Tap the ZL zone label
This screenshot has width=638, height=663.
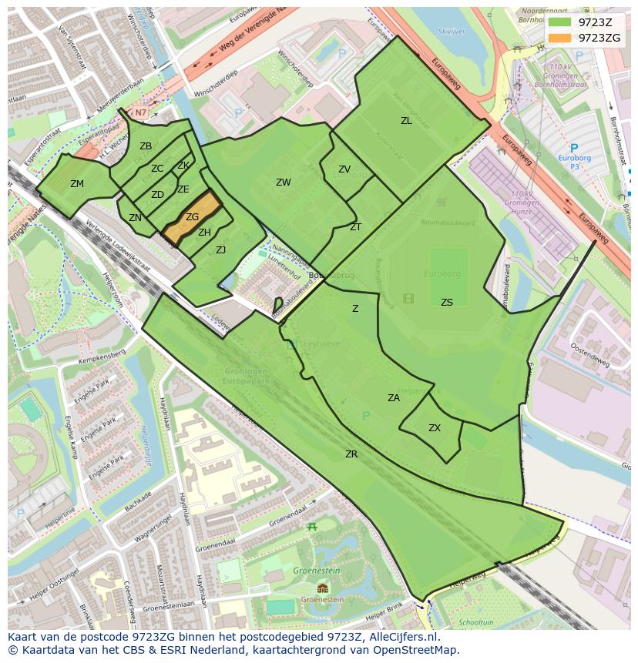point(406,121)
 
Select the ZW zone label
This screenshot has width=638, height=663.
point(284,182)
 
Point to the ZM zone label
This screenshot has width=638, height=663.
point(77,184)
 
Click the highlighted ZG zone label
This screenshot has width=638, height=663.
point(192,218)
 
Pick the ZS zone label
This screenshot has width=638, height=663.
point(447,303)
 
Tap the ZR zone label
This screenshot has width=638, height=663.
point(351,454)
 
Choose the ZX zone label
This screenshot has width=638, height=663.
point(435,428)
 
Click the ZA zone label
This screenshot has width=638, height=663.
point(394,398)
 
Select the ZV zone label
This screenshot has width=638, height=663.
point(344,169)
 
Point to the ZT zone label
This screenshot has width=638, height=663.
point(355,227)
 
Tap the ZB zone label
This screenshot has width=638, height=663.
point(146,146)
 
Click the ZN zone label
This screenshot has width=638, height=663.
point(136,218)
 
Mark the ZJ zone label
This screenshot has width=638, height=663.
point(221,250)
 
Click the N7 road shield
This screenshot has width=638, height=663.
point(140,112)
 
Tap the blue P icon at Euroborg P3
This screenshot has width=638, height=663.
point(573,148)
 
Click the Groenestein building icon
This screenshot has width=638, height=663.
point(322,588)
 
